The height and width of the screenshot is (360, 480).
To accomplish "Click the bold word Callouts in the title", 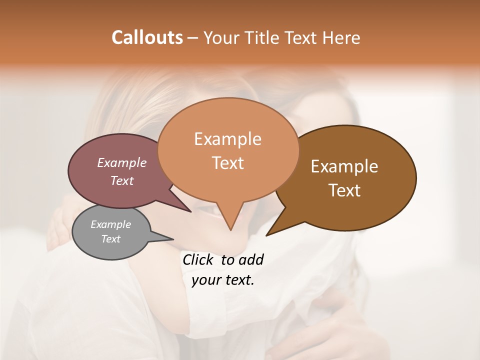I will (147, 37).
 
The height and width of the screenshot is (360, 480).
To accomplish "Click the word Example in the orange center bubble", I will (227, 139).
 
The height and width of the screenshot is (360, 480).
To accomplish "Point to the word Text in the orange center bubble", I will (227, 163).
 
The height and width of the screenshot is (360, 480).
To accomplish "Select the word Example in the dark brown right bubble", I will (344, 166).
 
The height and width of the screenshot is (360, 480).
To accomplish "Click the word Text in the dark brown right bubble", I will (344, 190).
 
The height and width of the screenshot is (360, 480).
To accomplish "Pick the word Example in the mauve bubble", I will (122, 162).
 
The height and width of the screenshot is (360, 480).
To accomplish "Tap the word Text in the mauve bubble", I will (122, 180).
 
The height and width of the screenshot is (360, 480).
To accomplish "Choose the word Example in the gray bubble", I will (110, 224).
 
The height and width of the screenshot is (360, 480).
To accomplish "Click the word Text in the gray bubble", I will (110, 239).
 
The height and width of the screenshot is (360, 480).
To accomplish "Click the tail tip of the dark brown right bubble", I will (267, 234).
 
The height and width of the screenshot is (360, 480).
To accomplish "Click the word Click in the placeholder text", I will (198, 259).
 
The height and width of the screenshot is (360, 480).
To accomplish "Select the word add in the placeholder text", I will (251, 259).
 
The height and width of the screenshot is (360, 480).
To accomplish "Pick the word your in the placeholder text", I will (205, 280).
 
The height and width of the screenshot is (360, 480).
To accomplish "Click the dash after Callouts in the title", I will (193, 37).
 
